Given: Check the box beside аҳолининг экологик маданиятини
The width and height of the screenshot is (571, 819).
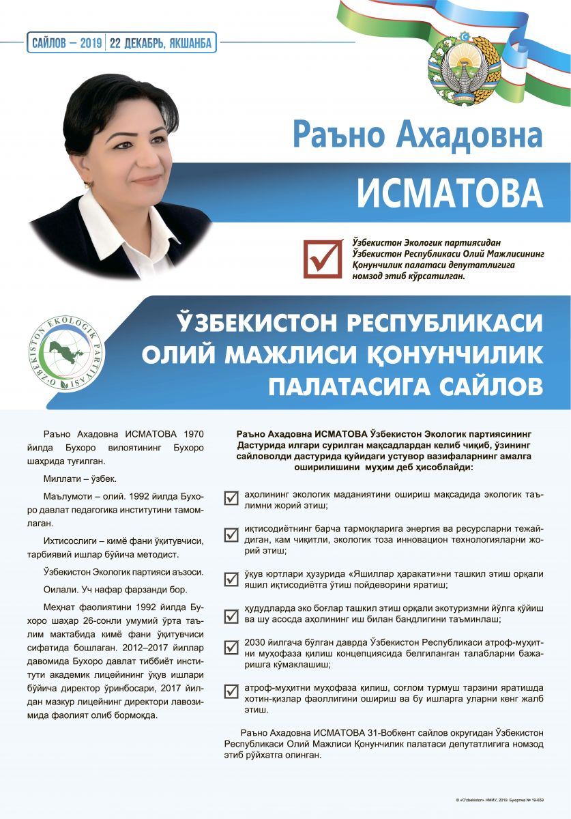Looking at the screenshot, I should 231,498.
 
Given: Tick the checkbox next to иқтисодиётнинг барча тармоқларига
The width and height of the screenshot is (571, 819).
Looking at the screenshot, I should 231,534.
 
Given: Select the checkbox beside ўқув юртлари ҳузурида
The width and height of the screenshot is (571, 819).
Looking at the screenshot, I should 231,579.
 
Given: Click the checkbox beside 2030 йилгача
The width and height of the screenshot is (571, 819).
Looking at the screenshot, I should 231,648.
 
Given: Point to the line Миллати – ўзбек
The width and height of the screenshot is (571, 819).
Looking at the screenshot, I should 80,478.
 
